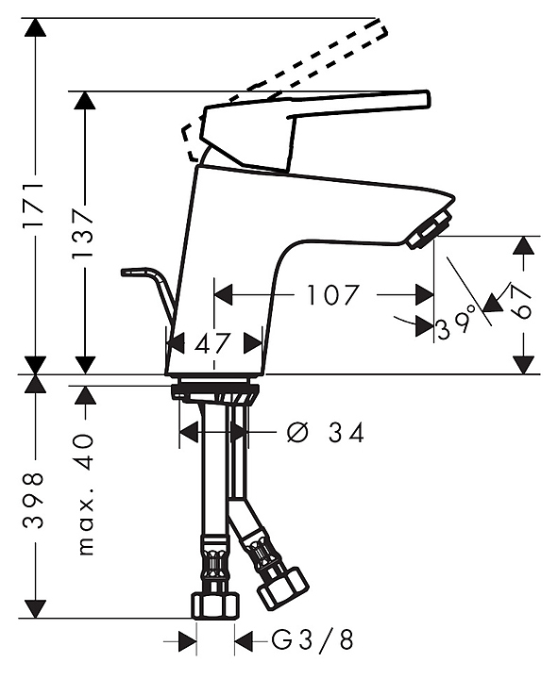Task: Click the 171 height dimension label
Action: [x=34, y=206]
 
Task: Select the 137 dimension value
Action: [x=82, y=233]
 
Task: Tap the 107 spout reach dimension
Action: [x=333, y=295]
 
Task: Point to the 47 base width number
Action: [x=211, y=344]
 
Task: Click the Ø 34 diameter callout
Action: [x=326, y=433]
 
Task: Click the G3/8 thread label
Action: [x=313, y=640]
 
